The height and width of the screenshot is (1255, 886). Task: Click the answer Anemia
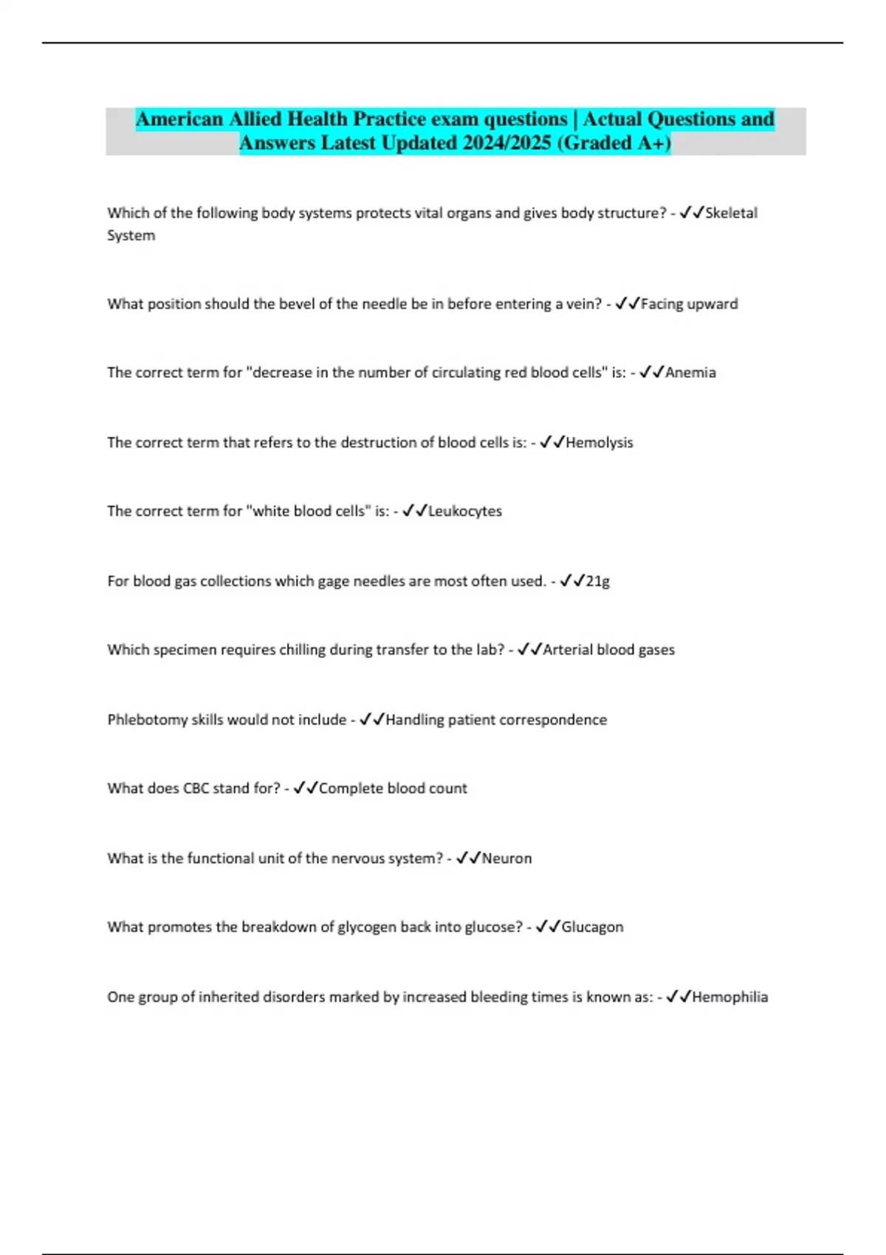pos(690,373)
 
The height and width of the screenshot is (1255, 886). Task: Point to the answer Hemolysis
pos(599,443)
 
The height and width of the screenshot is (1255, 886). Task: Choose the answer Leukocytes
pos(464,511)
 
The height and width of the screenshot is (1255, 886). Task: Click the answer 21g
pos(597,581)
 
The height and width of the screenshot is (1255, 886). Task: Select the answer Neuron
pos(506,859)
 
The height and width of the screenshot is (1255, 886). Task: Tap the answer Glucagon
pos(592,927)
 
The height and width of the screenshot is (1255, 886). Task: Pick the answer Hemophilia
pos(729,997)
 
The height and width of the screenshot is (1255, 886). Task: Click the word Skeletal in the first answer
pos(731,213)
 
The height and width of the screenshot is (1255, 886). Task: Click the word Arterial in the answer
pos(568,650)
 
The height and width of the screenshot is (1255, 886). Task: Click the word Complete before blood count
pos(351,788)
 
